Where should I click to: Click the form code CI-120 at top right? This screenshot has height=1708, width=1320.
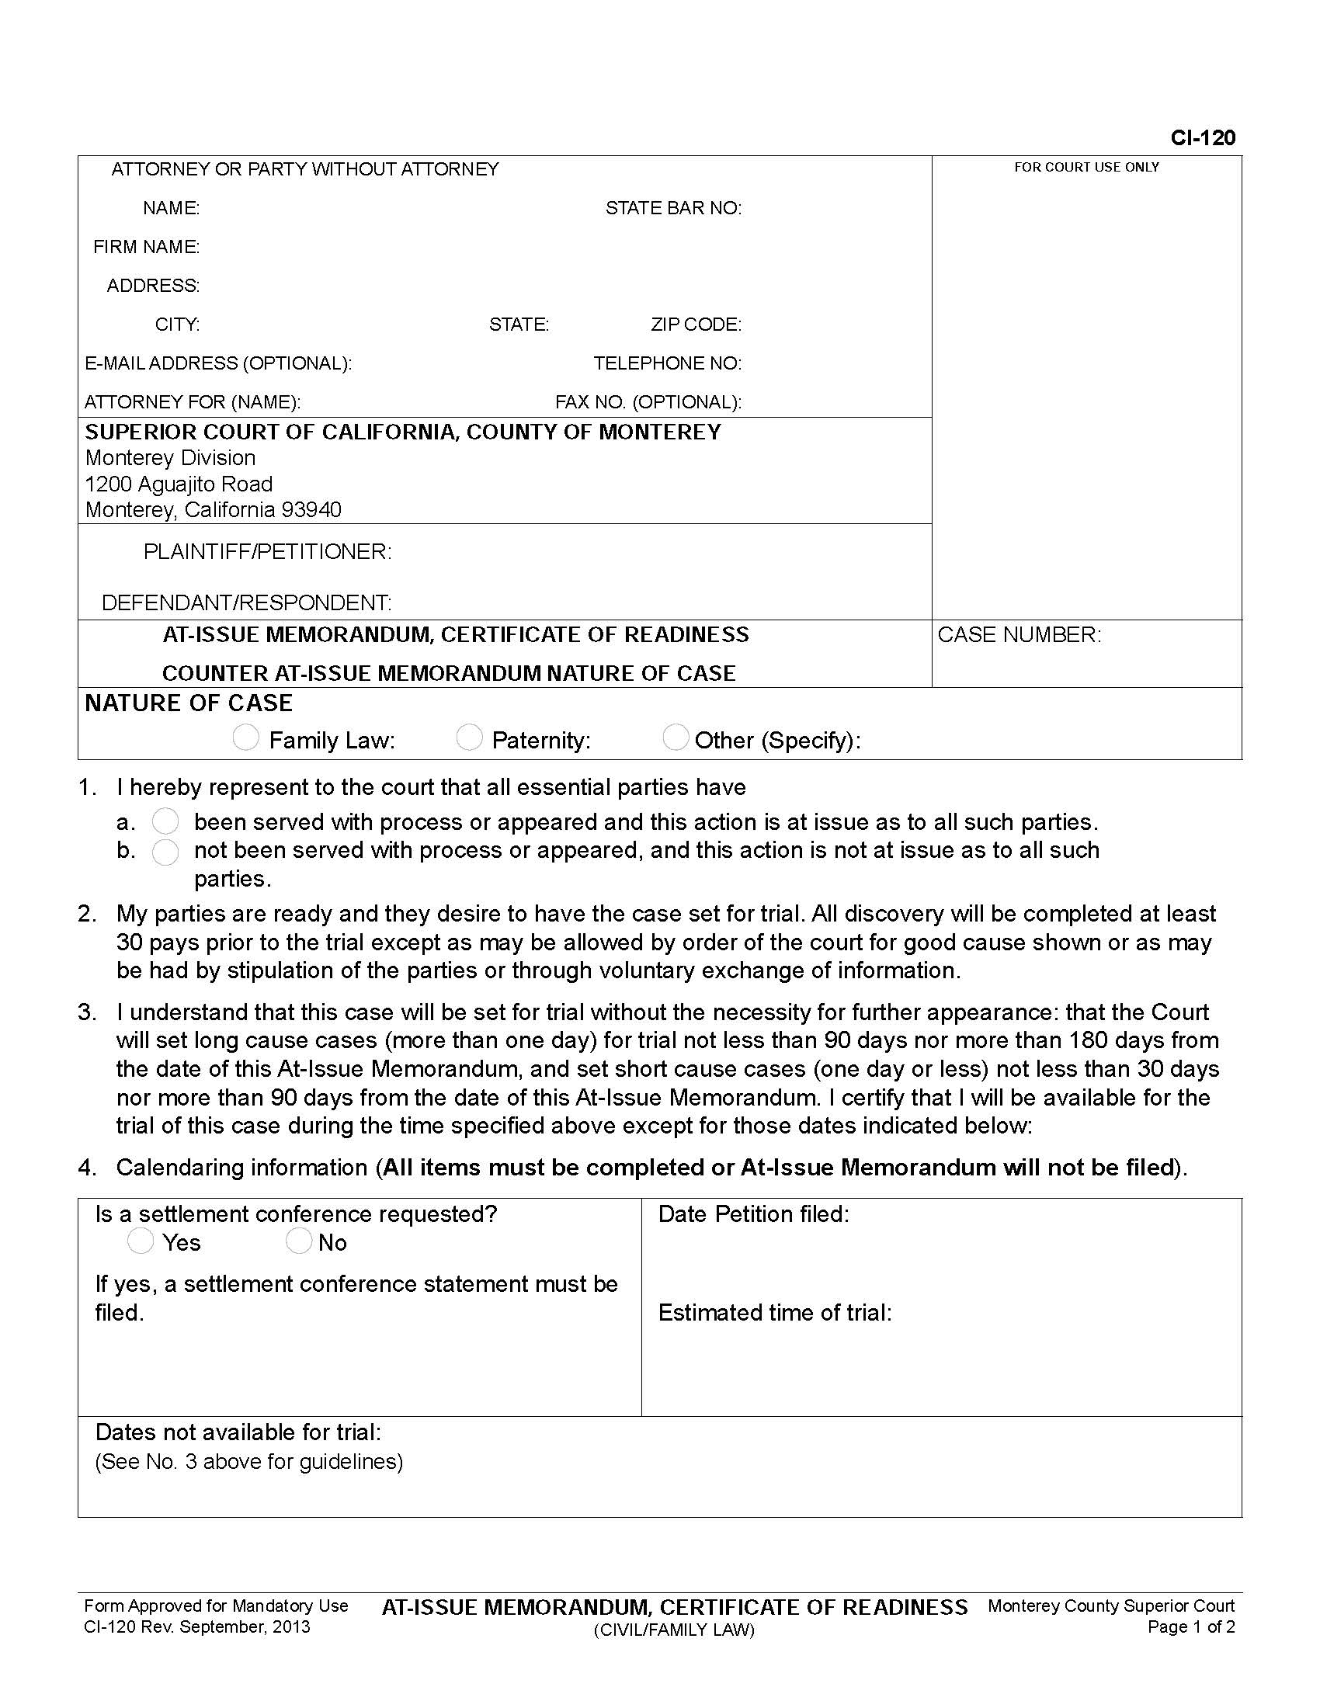pos(1202,138)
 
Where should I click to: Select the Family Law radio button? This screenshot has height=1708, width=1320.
pos(245,738)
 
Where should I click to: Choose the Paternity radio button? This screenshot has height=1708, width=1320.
pos(468,738)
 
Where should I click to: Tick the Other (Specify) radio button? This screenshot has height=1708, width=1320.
pos(675,738)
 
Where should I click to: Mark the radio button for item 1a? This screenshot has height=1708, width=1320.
pos(165,821)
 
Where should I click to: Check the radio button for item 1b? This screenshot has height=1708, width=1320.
pos(165,852)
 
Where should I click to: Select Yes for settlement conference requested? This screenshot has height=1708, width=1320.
pos(141,1241)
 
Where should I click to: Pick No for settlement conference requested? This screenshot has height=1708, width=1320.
pos(299,1241)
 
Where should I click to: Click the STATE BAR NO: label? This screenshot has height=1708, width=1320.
pos(673,208)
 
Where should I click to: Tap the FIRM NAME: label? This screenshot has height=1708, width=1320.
pos(146,247)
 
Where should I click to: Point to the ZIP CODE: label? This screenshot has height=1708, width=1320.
pos(696,325)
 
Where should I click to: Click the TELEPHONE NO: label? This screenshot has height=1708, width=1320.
pos(667,363)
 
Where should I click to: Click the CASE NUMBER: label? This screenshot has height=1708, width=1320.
pos(1019,635)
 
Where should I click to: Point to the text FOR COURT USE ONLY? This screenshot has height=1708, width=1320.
pos(1086,168)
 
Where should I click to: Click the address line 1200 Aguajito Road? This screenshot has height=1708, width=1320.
pos(179,484)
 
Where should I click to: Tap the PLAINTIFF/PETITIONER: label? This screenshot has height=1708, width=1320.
pos(267,552)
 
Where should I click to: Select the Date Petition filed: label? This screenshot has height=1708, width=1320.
pos(753,1213)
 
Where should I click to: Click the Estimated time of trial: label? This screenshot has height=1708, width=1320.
pos(774,1312)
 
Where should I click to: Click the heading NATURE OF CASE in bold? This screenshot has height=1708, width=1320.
pos(189,703)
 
